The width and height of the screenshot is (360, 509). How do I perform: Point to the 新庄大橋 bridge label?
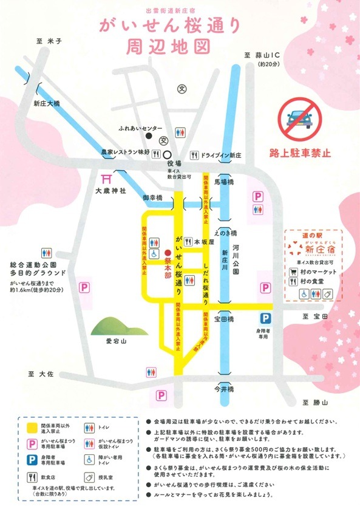(47, 104)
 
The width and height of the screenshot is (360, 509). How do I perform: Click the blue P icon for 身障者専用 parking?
(265, 318)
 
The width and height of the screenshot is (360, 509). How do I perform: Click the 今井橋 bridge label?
(225, 387)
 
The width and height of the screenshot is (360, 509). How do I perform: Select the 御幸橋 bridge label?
(151, 198)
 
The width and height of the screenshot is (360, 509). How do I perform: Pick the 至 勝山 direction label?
(315, 403)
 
